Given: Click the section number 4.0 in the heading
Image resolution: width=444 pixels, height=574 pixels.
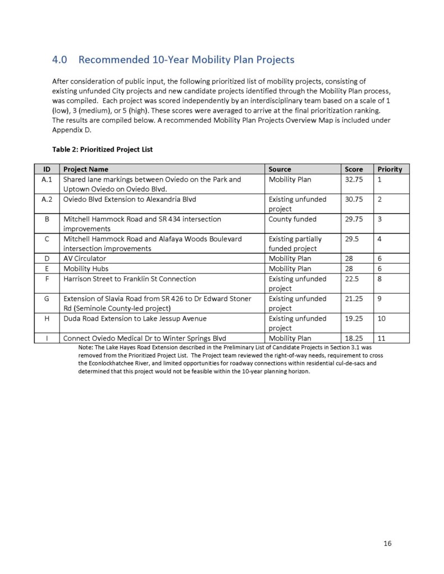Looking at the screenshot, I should (60, 59).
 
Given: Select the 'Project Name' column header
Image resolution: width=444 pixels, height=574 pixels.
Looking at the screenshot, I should (86, 169).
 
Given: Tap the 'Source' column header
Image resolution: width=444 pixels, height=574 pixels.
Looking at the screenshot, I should (280, 169).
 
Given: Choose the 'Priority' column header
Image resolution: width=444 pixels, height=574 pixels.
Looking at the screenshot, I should (390, 169).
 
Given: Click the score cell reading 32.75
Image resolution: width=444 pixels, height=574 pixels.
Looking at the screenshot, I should (353, 179).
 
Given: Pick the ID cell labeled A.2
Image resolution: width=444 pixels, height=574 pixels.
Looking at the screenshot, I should (47, 199).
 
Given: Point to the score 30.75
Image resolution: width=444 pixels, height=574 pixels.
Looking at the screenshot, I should (353, 199).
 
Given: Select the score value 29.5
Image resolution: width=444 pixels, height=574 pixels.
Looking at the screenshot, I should (351, 239).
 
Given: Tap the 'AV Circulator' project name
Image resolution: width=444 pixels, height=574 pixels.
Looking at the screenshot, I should (85, 258).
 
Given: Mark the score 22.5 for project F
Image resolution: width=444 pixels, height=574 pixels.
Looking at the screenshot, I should (351, 279).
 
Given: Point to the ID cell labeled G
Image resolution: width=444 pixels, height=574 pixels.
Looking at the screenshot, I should (47, 298).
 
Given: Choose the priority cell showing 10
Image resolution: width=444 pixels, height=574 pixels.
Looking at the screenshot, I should (381, 318).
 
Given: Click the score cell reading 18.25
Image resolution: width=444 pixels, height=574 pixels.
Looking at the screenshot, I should (353, 338).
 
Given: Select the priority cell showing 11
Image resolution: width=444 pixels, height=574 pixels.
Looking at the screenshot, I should (381, 338).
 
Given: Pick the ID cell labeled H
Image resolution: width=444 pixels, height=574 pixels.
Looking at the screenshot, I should (47, 318).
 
